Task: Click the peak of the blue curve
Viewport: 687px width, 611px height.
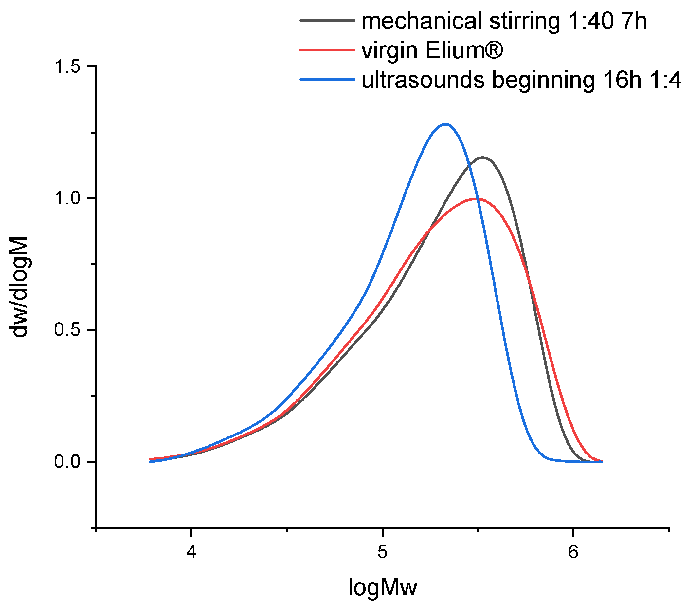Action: pos(445,124)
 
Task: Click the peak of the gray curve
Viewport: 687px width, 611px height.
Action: pos(483,157)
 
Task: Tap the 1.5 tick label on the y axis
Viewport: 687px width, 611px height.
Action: pos(67,66)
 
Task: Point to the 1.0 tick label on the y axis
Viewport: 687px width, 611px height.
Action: pos(67,198)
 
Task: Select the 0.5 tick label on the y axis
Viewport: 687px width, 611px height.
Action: pos(67,330)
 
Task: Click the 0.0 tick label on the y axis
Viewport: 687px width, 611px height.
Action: pos(67,462)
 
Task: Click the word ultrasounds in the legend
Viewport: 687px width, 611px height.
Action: pos(423,80)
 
